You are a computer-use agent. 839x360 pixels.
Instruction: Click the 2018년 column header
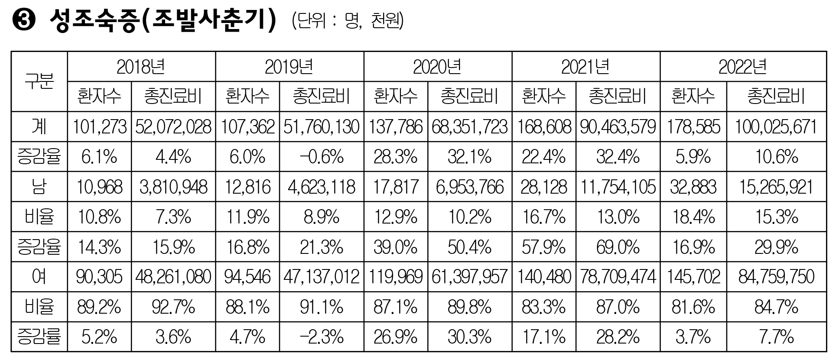(141, 67)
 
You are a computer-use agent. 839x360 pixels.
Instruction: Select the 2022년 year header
(743, 67)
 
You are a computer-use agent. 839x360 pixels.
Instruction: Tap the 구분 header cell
(39, 81)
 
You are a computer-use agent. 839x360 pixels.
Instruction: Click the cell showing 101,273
(99, 127)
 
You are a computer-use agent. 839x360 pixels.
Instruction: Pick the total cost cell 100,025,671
(776, 127)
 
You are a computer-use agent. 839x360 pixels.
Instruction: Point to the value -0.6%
(322, 157)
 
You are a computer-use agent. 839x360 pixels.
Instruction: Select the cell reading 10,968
(99, 187)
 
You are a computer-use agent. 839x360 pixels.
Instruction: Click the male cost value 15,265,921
(776, 187)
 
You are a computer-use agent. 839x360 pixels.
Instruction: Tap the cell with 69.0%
(618, 247)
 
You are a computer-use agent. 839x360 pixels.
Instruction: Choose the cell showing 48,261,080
(173, 277)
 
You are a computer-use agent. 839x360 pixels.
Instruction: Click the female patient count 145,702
(693, 277)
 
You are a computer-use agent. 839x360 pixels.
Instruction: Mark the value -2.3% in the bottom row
(322, 337)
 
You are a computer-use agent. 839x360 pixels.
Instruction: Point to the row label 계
(39, 127)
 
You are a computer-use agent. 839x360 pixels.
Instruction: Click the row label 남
(39, 187)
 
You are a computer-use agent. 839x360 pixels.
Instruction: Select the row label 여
(39, 277)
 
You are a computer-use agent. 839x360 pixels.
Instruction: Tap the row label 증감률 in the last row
(39, 337)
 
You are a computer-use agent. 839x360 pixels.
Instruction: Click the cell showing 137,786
(396, 127)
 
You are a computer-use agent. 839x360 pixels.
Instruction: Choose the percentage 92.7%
(173, 307)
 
